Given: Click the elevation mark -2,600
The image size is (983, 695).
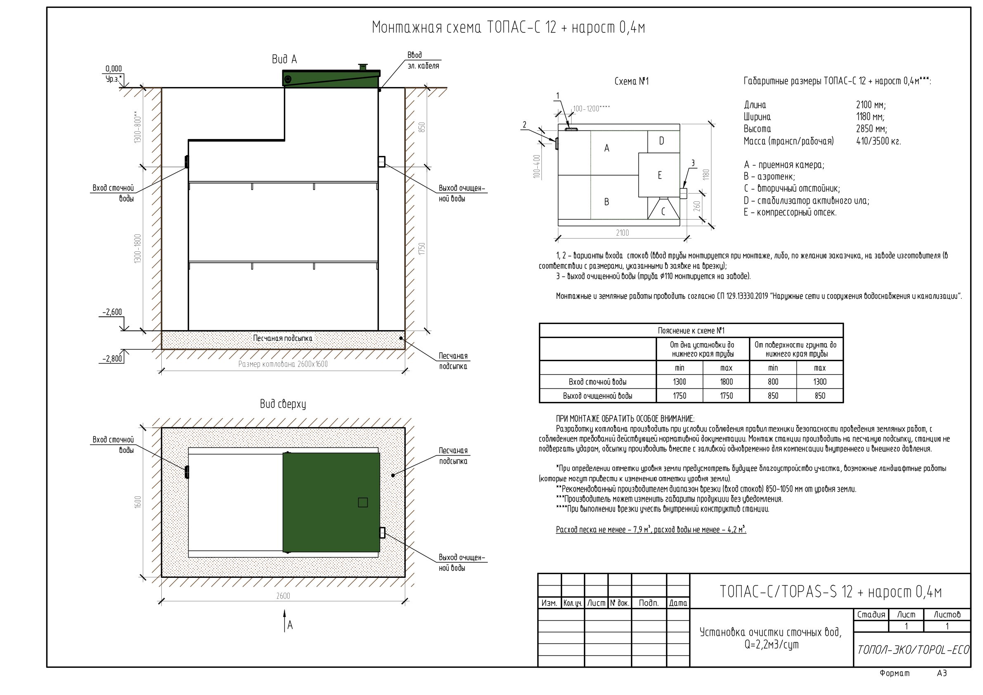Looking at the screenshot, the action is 112,312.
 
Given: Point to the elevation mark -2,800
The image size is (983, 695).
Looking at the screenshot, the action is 112,359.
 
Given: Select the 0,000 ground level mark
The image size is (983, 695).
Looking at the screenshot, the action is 113,69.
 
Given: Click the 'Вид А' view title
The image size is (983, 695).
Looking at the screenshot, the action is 284,59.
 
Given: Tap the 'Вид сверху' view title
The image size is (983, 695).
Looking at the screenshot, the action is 283,404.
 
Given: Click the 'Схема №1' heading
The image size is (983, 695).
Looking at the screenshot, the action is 631,81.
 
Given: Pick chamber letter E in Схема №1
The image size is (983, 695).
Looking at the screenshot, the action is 660,175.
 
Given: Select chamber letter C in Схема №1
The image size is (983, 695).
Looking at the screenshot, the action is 663,211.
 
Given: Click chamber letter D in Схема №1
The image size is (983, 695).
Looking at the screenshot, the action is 662,141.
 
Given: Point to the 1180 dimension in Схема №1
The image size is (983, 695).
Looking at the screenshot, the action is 707,174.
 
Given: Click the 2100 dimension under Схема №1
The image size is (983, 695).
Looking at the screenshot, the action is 622,232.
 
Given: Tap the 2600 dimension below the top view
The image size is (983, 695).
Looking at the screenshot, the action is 283,596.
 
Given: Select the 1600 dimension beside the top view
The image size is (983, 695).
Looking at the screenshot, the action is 138,502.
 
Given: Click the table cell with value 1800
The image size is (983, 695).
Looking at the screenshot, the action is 726,381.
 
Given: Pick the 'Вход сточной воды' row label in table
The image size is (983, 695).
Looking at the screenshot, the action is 598,381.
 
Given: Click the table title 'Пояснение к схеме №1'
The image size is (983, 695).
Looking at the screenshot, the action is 691,331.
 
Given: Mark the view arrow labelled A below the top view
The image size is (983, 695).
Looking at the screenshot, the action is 285,622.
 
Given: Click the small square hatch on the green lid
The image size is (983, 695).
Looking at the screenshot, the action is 363,502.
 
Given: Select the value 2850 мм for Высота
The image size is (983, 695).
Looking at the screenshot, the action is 872,129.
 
